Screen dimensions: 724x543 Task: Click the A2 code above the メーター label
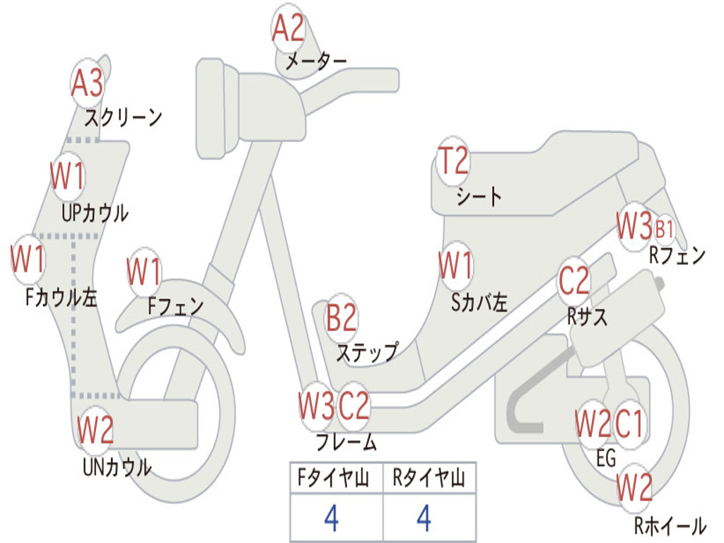click(x=288, y=30)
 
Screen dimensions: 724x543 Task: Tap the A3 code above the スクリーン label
click(x=88, y=84)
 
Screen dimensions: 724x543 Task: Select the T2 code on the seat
click(x=452, y=162)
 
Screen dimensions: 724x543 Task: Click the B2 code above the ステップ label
click(x=341, y=319)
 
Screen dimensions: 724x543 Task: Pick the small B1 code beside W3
click(x=664, y=229)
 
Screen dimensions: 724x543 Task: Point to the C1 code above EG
click(x=629, y=424)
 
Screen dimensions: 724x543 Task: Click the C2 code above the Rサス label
click(x=573, y=281)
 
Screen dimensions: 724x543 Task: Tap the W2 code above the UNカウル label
click(x=95, y=429)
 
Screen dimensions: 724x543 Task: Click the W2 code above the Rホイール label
click(x=634, y=488)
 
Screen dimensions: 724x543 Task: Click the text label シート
click(x=479, y=196)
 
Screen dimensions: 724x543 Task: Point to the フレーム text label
click(x=346, y=443)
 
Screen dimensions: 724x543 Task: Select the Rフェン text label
click(x=677, y=256)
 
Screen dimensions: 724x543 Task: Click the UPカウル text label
click(x=95, y=212)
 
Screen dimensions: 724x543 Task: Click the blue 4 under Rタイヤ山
click(x=424, y=519)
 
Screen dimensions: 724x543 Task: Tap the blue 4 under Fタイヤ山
click(x=331, y=519)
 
